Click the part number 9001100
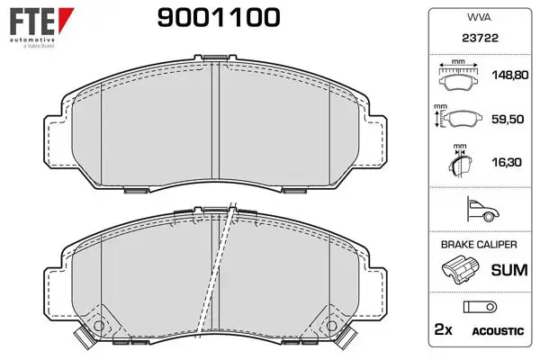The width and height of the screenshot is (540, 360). point(219,18)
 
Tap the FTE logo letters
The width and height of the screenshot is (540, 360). point(32,22)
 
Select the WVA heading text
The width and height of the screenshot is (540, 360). point(479,17)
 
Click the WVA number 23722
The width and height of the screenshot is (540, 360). point(480,38)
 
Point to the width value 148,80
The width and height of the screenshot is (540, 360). point(510,75)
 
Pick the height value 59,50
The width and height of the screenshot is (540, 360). point(508,119)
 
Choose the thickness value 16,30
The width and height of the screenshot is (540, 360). point(507,162)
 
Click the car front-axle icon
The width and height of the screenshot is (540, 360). point(482,209)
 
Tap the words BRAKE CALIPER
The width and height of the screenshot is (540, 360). point(479,245)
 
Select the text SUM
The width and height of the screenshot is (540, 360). point(509,270)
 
